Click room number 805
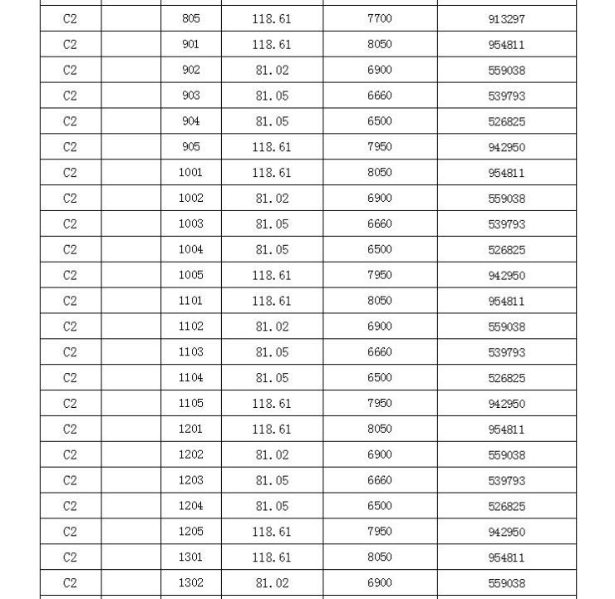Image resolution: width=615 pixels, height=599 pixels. (x=190, y=18)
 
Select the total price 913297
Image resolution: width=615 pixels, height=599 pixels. (x=506, y=19)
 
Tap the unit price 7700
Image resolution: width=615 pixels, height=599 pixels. (x=379, y=18)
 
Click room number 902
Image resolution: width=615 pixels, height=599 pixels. (x=190, y=70)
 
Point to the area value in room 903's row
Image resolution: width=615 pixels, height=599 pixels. (x=272, y=96)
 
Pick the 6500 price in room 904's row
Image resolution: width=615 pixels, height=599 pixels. (x=379, y=121)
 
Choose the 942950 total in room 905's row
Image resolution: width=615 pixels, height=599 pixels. (x=506, y=148)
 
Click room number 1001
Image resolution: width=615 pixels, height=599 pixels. (x=190, y=173)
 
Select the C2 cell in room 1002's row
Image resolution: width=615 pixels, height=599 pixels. (x=70, y=199)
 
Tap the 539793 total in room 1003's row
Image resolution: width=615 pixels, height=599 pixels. (x=506, y=224)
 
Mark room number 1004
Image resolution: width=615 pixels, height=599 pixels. (x=190, y=249)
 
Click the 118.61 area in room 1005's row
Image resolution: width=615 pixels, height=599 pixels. (x=272, y=275)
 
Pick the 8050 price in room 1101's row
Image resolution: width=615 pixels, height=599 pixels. (x=379, y=301)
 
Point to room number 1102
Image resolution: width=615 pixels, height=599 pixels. (x=190, y=327)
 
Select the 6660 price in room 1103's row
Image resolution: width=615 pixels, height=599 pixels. (x=379, y=352)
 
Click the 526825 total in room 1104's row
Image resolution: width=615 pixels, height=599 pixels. (x=506, y=378)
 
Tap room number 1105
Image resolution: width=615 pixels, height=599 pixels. (x=190, y=403)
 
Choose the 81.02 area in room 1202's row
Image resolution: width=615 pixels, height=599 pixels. (x=272, y=454)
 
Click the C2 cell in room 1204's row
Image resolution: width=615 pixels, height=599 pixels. (x=70, y=506)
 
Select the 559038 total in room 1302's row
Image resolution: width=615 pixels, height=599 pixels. (x=506, y=583)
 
